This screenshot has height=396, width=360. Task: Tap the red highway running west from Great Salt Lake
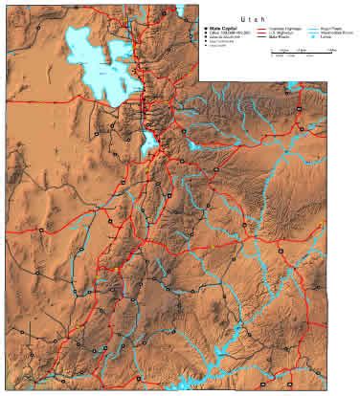[48, 108]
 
